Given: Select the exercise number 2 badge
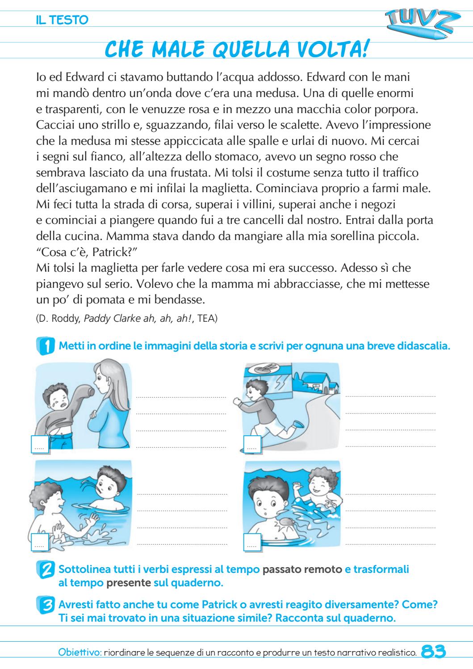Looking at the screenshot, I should click(x=45, y=570).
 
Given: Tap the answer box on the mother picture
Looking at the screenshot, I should click(x=40, y=445).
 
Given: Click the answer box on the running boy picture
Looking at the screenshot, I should click(x=252, y=445).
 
